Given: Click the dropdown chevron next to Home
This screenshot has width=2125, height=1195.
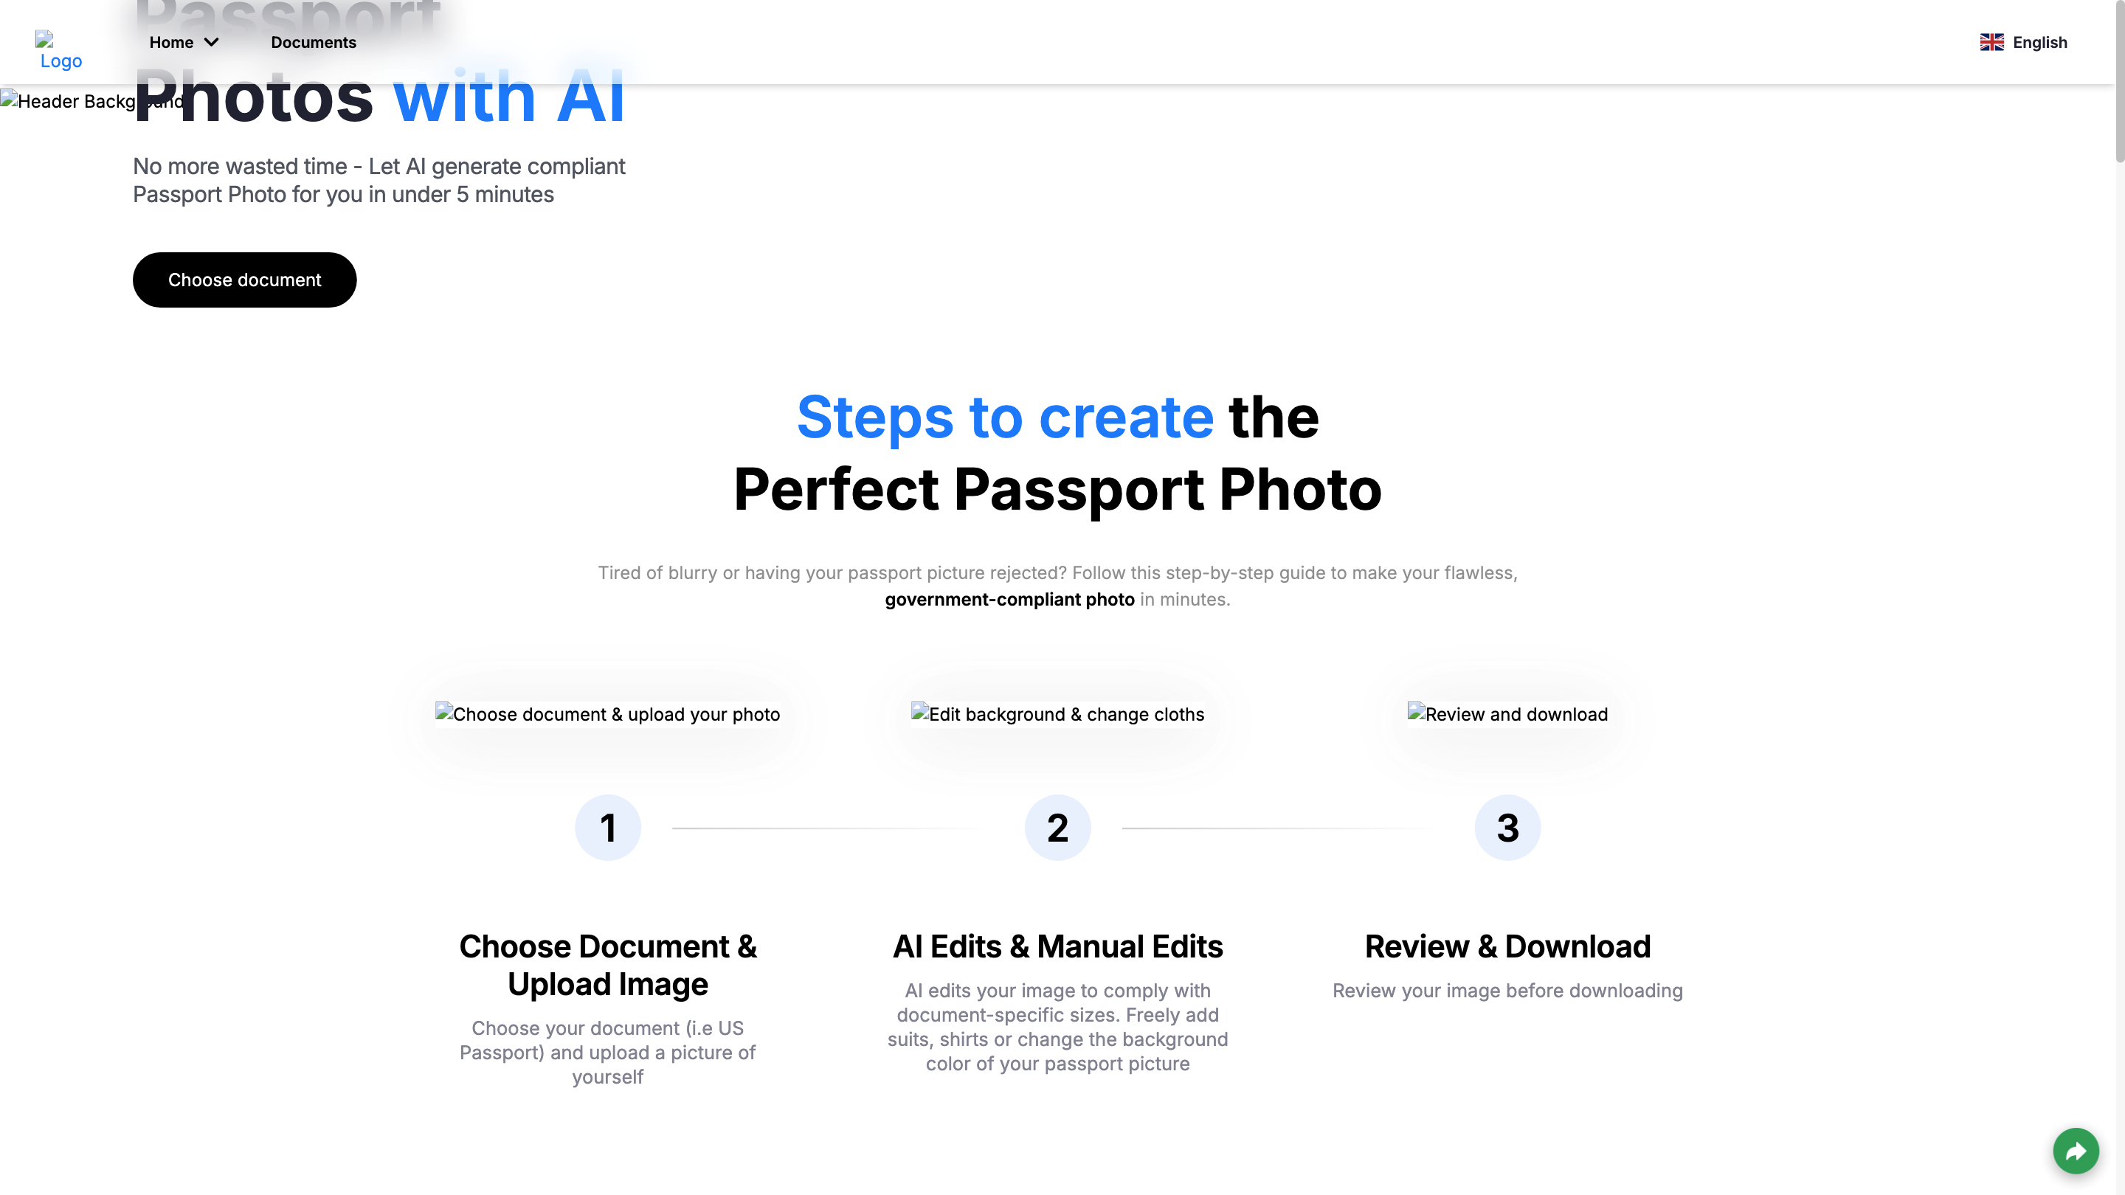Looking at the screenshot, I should click(x=212, y=42).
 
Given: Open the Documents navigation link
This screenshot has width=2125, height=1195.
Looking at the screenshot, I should click(x=314, y=42).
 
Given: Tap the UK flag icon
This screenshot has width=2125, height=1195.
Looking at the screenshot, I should click(x=1991, y=42).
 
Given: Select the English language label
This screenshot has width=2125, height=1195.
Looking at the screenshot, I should click(x=2039, y=42).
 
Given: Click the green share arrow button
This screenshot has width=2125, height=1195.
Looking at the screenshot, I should click(x=2076, y=1151).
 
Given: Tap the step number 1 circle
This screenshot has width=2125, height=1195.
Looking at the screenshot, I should click(x=608, y=827).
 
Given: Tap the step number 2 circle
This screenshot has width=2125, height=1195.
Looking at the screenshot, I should click(x=1057, y=827).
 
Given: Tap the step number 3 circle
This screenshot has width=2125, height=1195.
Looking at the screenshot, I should click(x=1507, y=827).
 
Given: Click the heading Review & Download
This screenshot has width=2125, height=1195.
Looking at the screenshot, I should click(x=1507, y=946).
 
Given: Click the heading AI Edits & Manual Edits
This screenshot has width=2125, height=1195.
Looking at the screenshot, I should click(x=1057, y=946).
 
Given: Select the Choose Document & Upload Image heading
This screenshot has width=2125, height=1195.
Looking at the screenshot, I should click(x=608, y=965).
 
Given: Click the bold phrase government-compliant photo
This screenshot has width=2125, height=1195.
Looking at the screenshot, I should click(x=1009, y=600).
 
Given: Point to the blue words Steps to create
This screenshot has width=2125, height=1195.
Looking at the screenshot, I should click(x=1005, y=418).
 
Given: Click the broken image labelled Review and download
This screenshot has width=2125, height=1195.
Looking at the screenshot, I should click(x=1507, y=713).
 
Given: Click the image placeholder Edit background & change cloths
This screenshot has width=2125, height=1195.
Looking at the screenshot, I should click(x=1057, y=713).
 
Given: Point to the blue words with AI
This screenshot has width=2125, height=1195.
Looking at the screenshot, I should click(x=508, y=97).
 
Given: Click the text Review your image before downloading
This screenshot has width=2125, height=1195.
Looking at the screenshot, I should click(x=1507, y=991).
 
